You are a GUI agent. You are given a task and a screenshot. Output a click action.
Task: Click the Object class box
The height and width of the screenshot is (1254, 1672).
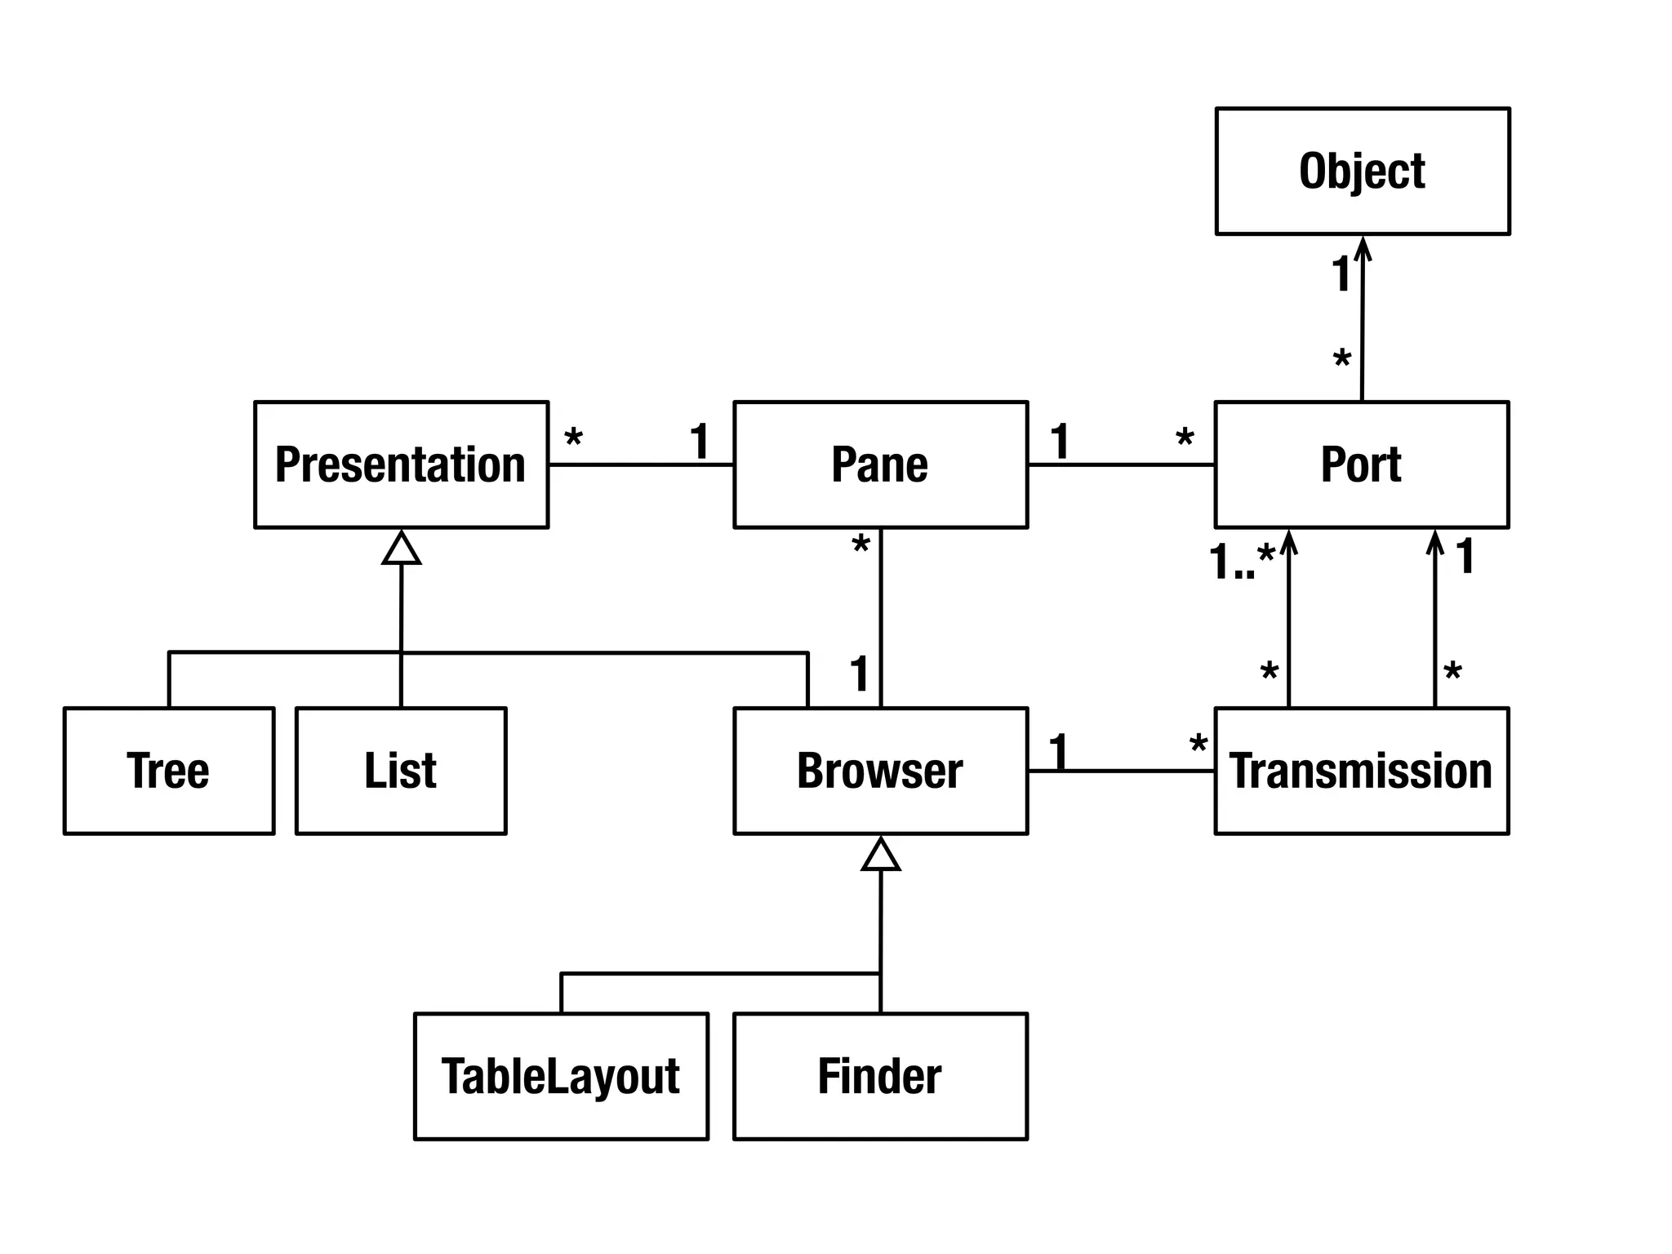click(x=1362, y=171)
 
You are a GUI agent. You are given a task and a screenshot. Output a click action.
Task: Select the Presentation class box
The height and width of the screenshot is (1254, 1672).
click(x=401, y=465)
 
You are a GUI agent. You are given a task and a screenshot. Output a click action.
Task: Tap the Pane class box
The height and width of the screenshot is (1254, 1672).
click(x=880, y=465)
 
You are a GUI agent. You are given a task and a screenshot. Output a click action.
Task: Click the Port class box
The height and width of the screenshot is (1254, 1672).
click(x=1361, y=465)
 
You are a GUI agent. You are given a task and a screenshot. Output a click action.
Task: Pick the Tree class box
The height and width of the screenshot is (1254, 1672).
click(x=168, y=771)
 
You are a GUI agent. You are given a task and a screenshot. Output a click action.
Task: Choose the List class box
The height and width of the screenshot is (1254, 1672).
click(x=401, y=771)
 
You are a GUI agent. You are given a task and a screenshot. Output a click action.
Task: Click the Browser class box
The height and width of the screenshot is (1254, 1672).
click(x=880, y=771)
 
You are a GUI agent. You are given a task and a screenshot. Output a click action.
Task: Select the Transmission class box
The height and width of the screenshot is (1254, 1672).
click(x=1361, y=771)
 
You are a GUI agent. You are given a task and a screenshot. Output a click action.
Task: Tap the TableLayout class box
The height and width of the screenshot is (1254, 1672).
click(x=561, y=1076)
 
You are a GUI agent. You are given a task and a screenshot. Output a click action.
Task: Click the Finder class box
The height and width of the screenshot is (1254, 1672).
click(x=880, y=1076)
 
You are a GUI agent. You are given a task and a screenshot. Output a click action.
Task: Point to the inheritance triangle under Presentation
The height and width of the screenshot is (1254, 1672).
click(x=401, y=549)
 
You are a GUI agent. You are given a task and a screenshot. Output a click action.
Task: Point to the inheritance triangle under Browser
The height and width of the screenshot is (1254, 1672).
click(x=880, y=855)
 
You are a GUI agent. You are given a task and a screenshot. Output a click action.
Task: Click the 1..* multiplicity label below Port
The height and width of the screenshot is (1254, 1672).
click(x=1241, y=562)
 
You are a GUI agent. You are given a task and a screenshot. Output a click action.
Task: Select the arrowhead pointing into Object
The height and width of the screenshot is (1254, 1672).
click(x=1363, y=247)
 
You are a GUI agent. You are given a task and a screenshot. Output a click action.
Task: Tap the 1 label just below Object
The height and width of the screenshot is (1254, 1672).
click(x=1341, y=273)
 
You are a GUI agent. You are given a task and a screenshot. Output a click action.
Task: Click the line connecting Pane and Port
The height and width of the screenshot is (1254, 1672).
click(x=1121, y=465)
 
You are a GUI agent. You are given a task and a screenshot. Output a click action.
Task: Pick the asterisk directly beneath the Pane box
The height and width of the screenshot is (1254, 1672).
click(x=860, y=545)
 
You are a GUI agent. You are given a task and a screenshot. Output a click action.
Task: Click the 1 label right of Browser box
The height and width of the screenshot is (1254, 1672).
click(x=1058, y=751)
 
